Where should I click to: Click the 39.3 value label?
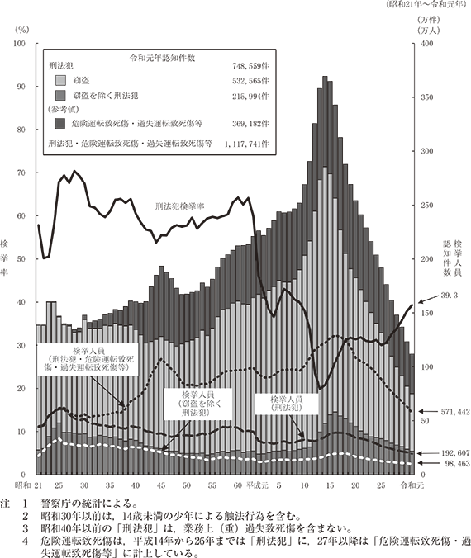(x=449, y=296)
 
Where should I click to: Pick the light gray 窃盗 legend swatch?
(x=60, y=81)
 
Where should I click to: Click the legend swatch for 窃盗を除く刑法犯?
(x=60, y=96)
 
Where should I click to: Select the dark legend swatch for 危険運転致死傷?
(x=60, y=123)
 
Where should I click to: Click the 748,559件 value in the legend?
(x=250, y=66)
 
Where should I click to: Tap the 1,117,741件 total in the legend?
(x=247, y=144)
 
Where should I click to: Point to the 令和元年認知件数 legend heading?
(x=162, y=58)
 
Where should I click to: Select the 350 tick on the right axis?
(x=427, y=97)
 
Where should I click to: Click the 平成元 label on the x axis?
(x=257, y=485)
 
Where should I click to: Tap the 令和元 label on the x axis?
(x=412, y=485)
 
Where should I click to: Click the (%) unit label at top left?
(x=21, y=31)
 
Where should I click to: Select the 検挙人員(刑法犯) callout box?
(x=287, y=404)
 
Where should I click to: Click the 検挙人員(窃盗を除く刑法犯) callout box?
(x=197, y=403)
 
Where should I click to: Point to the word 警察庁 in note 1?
(x=53, y=504)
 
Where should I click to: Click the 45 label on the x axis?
(x=161, y=485)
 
